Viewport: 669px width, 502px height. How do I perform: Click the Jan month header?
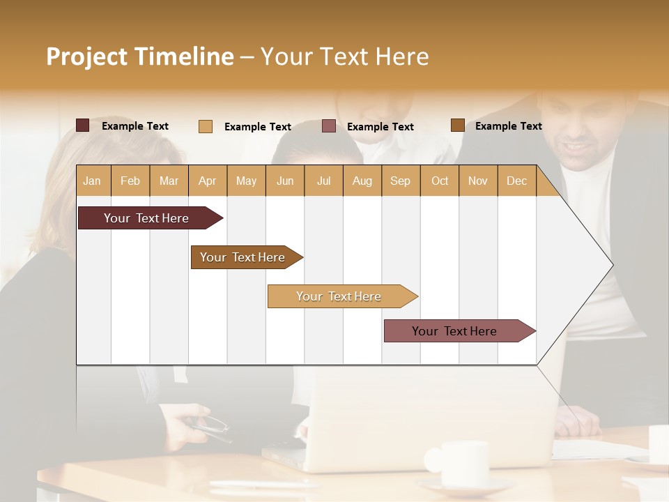92,181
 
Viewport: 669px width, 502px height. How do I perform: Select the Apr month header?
208,181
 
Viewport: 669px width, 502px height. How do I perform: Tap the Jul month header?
323,181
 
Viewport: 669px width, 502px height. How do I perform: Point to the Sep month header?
400,181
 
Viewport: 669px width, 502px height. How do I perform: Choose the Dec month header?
516,181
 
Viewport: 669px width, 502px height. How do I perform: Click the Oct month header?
440,181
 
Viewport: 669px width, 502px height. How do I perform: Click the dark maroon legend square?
83,125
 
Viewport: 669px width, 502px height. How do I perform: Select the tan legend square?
206,126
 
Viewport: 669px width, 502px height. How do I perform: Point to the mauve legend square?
329,126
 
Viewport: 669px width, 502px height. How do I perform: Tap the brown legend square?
457,125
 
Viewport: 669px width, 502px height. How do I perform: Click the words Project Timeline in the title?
140,56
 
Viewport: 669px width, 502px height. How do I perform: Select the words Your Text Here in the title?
344,56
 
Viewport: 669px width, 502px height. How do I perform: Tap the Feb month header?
130,181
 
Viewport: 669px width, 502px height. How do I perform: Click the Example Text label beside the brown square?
508,126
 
